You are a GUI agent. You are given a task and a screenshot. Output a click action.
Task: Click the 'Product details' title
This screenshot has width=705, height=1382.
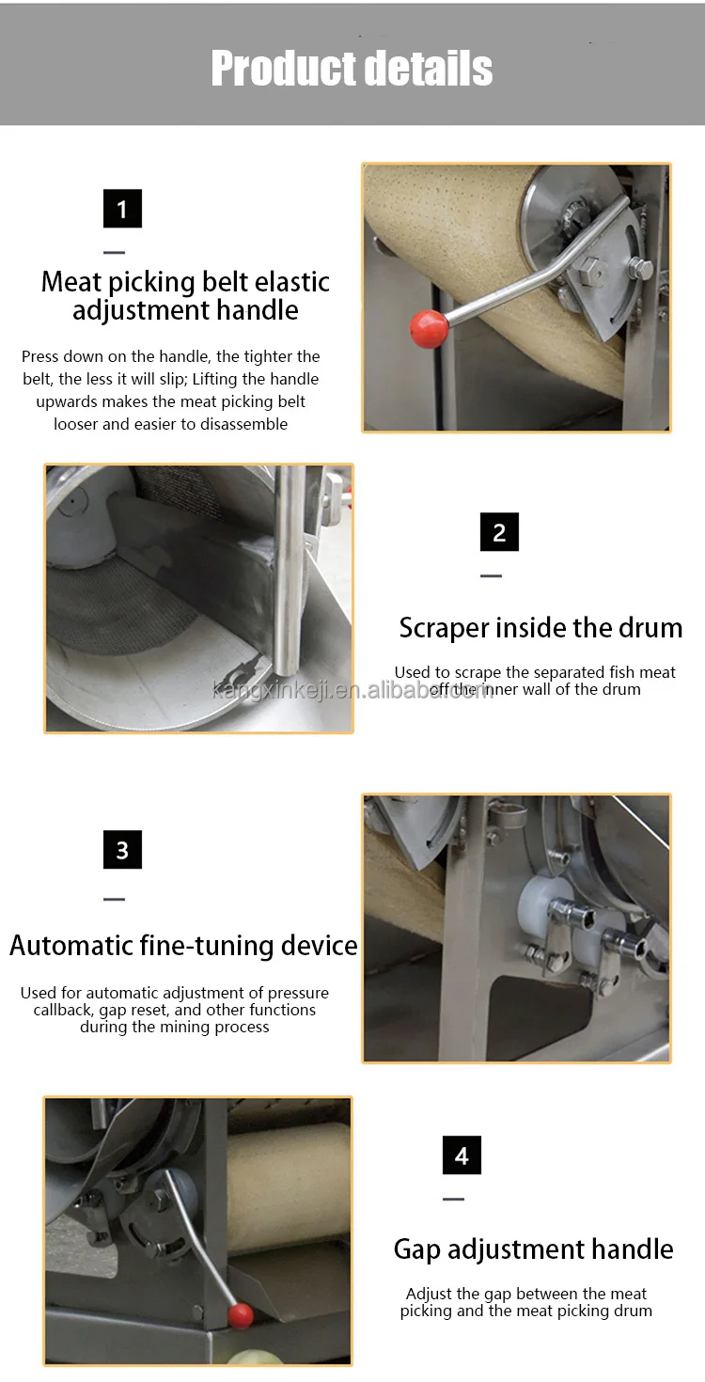coord(352,68)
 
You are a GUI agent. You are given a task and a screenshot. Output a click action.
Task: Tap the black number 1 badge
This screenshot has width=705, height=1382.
coord(122,209)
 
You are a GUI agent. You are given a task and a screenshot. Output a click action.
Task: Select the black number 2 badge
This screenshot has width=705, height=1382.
coord(499,532)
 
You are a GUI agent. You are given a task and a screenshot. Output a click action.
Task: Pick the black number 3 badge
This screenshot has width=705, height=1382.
coord(122,850)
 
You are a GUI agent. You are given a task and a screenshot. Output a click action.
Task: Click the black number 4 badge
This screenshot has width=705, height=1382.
coord(462,1155)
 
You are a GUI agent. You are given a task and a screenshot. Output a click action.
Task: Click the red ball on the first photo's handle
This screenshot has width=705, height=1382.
coord(429,328)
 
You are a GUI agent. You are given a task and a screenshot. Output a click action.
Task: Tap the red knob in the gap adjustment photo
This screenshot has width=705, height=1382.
coord(241,1315)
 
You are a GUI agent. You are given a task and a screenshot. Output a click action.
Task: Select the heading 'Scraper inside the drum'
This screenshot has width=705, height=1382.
coord(540,628)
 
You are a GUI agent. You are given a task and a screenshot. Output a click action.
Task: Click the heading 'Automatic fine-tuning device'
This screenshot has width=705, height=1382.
coord(183,945)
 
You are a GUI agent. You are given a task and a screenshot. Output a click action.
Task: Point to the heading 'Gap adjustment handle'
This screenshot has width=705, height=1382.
coord(533,1249)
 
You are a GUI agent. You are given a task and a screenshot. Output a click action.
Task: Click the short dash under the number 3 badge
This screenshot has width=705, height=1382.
coord(114,900)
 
